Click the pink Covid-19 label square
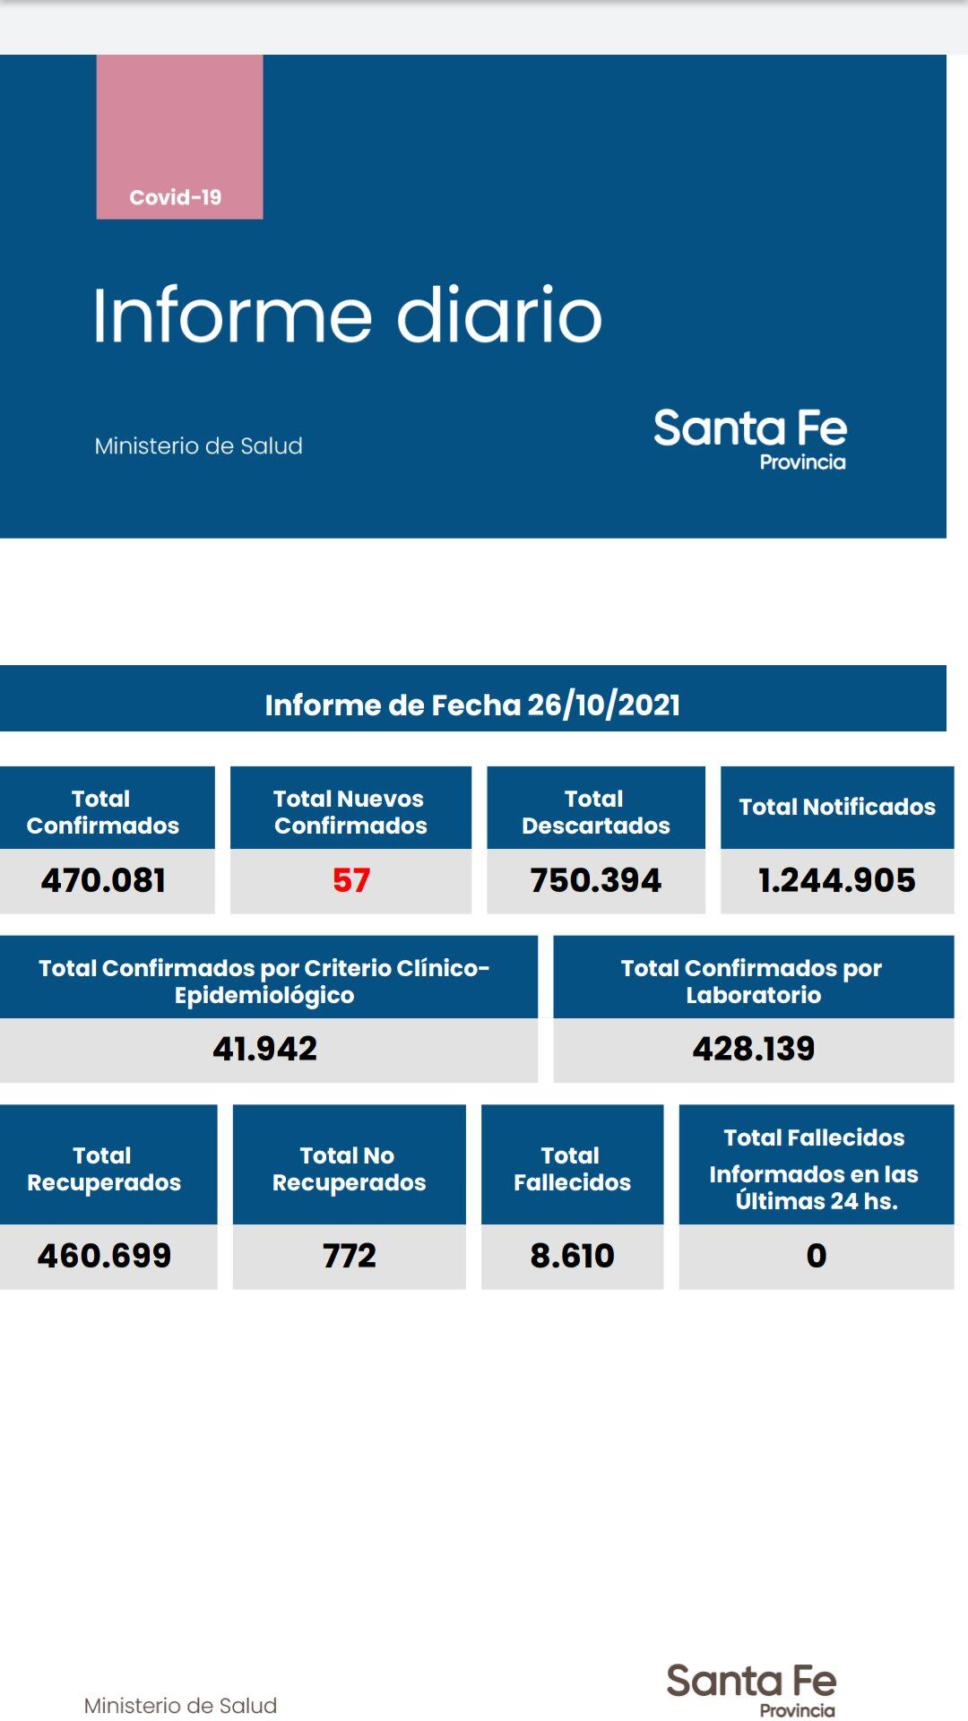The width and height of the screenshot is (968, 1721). pos(179,137)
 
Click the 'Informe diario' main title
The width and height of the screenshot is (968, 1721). pos(348,315)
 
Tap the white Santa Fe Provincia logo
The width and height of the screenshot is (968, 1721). pos(750,438)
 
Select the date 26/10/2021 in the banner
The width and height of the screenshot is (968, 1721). pos(603,705)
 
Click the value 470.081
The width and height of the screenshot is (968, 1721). pos(104,880)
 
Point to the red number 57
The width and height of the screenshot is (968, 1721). pos(350,880)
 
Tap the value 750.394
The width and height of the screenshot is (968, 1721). pos(595,880)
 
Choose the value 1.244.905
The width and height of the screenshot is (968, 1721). pos(837,880)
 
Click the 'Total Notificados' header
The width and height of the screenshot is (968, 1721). pos(837,807)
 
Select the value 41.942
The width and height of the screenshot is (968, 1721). pos(265,1049)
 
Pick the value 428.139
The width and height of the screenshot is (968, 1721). pos(754,1049)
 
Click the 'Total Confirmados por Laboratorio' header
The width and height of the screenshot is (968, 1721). pos(753,981)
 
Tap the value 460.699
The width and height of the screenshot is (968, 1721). pos(104,1256)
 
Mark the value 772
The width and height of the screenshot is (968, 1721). pos(350,1256)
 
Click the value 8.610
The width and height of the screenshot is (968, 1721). pos(572,1256)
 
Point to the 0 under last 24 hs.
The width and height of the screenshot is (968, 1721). pos(816,1256)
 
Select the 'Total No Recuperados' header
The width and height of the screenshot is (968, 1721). pos(349,1168)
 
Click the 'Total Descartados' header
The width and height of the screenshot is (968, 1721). pos(595,811)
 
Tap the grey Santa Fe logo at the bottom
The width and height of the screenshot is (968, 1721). pos(751,1689)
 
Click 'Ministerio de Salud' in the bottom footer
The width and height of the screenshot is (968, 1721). pos(180,1705)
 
